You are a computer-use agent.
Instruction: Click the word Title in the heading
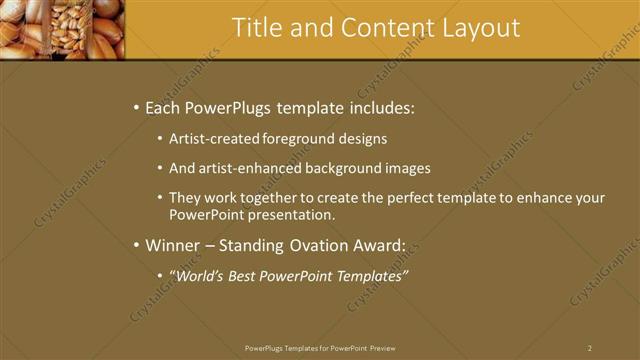[x=256, y=28]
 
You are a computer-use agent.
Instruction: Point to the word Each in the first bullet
[x=164, y=108]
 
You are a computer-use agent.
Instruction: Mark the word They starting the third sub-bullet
[x=185, y=198]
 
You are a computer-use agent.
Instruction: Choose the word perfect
[x=400, y=198]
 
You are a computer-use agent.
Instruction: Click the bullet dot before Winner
[x=136, y=245]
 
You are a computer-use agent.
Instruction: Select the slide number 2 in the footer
[x=590, y=348]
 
